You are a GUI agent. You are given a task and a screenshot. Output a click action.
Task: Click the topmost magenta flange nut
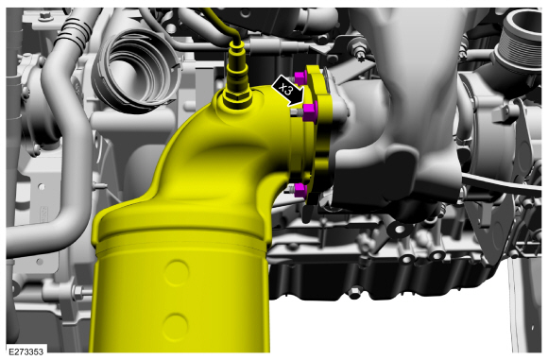tap(300, 78)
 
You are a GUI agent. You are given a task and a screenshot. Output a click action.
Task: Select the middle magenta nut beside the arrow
tap(310, 111)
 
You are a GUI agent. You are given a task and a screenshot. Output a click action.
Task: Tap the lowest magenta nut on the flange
tap(300, 191)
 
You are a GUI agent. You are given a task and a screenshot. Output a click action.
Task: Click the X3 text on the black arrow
tap(287, 91)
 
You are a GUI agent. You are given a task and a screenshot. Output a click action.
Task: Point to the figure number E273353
tap(26, 351)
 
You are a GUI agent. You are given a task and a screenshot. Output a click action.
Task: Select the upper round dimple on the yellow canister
tap(177, 272)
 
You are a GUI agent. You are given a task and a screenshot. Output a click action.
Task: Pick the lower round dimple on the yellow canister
tap(176, 327)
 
